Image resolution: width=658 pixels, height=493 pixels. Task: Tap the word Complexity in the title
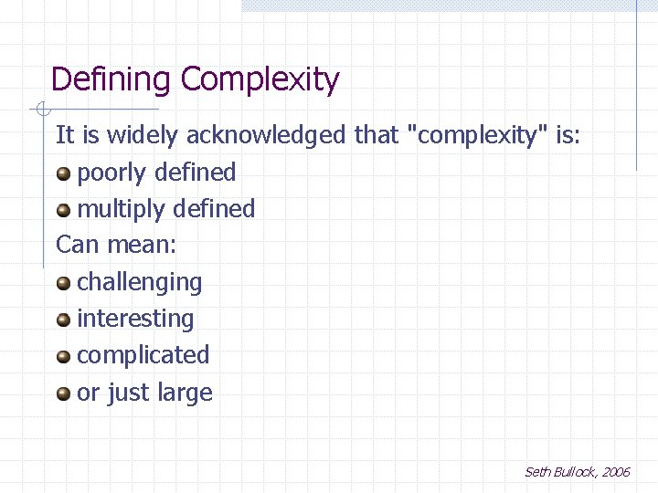click(260, 80)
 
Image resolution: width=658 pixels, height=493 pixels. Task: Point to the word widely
click(143, 136)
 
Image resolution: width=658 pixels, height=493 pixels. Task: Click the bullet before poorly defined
click(63, 173)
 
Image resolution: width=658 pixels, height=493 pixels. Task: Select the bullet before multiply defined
click(63, 209)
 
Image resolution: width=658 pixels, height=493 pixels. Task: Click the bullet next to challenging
click(63, 283)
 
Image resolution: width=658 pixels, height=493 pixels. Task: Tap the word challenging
click(139, 283)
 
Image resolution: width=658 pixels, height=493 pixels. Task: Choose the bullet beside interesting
click(63, 320)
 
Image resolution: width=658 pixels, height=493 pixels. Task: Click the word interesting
click(135, 320)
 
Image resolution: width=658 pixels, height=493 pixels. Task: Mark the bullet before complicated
click(63, 356)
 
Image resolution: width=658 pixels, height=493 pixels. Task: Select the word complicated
click(143, 355)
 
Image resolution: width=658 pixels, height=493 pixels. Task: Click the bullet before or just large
click(63, 393)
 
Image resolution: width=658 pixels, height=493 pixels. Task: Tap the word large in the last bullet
click(185, 393)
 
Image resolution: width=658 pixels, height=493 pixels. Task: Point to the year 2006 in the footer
click(615, 472)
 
